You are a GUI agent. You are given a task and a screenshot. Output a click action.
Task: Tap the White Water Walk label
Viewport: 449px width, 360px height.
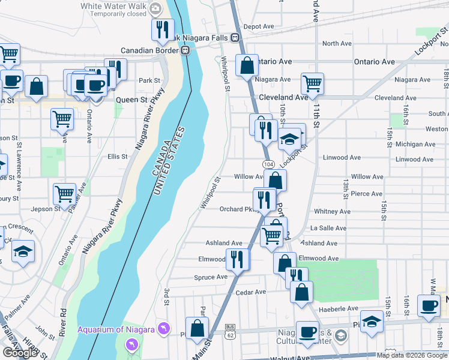point(113,6)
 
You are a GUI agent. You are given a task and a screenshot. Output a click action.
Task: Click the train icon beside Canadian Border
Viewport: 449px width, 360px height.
point(185,50)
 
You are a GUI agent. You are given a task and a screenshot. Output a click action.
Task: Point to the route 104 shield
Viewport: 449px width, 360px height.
point(268,164)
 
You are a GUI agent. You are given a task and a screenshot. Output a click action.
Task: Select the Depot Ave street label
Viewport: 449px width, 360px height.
point(259,26)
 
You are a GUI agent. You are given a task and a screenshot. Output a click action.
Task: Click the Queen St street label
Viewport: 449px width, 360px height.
point(136,100)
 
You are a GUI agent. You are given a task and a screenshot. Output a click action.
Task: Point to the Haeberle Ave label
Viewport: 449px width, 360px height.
point(339,308)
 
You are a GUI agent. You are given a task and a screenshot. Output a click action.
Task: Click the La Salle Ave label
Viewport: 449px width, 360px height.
point(328,228)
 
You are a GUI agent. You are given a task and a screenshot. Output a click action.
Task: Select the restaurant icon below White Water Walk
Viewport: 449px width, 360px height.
point(162,31)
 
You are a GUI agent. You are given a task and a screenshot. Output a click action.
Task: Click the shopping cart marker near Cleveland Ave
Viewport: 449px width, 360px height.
point(312,84)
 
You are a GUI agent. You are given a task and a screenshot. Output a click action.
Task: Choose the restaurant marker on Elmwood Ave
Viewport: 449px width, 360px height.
point(237,259)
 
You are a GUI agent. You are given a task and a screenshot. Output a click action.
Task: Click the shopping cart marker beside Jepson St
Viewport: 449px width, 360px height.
point(64,194)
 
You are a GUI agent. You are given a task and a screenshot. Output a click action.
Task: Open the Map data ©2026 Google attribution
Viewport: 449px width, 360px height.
point(411,355)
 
